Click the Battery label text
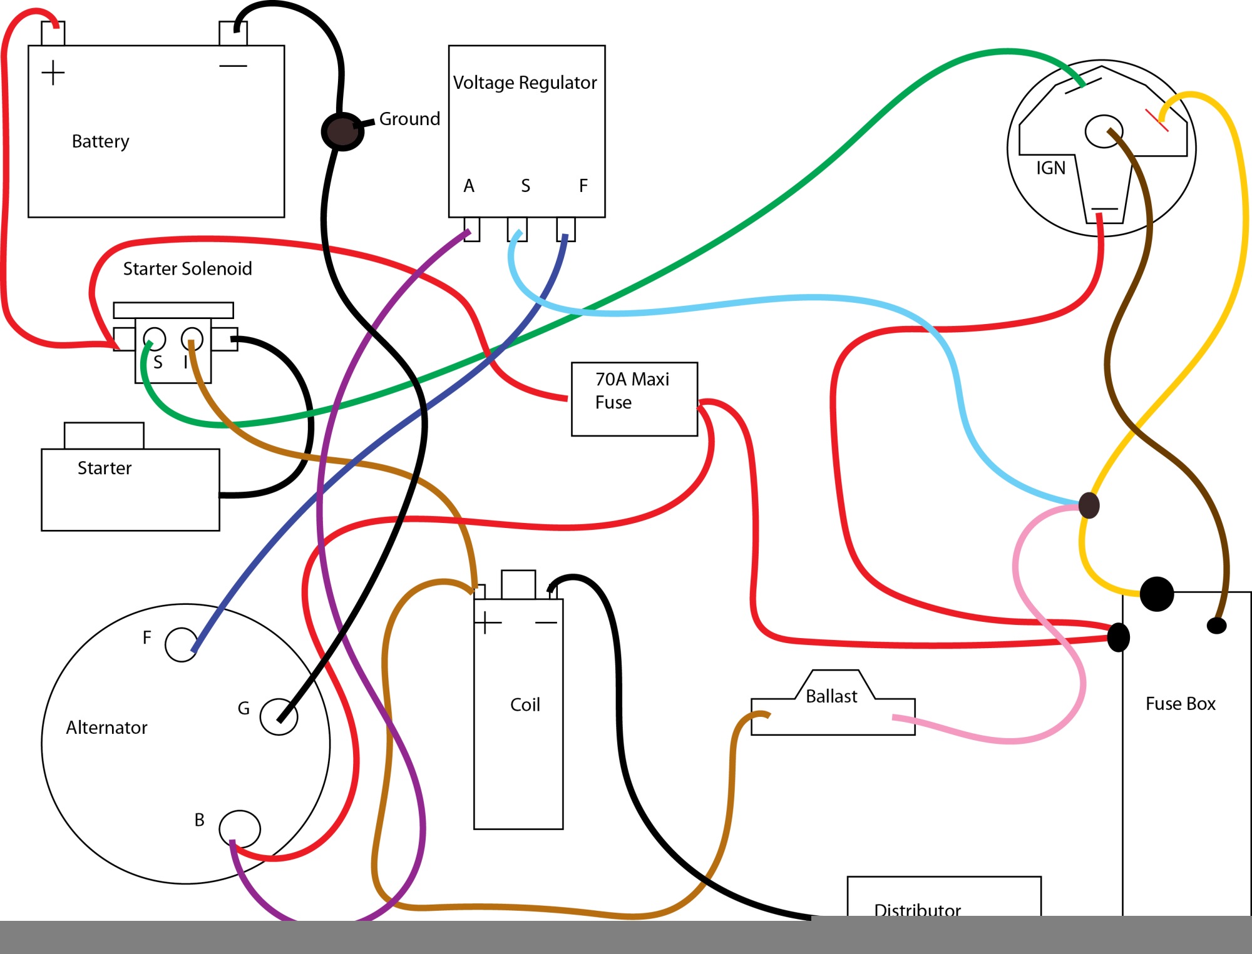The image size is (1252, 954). (x=100, y=141)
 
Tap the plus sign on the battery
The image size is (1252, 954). (x=53, y=73)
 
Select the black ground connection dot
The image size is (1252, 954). (x=342, y=131)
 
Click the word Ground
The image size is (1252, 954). (x=409, y=119)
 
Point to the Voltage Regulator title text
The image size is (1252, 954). (x=525, y=83)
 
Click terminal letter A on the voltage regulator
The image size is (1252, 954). (x=469, y=186)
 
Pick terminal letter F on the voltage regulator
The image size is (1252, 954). (x=583, y=186)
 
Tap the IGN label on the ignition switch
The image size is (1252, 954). (x=1050, y=168)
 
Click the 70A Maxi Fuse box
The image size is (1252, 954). (x=634, y=398)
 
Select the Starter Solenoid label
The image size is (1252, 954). (x=187, y=269)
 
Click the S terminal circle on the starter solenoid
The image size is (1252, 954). (x=155, y=339)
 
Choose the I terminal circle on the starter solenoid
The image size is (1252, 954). (x=192, y=338)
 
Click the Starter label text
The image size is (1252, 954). (x=105, y=468)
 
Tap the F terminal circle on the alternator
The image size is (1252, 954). (x=182, y=644)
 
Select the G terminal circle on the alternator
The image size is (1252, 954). (x=279, y=716)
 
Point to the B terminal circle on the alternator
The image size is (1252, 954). (x=240, y=829)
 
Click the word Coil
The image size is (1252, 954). (x=525, y=705)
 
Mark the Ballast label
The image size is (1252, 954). (x=831, y=696)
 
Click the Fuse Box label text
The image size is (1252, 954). (x=1180, y=704)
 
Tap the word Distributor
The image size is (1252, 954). (x=917, y=909)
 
